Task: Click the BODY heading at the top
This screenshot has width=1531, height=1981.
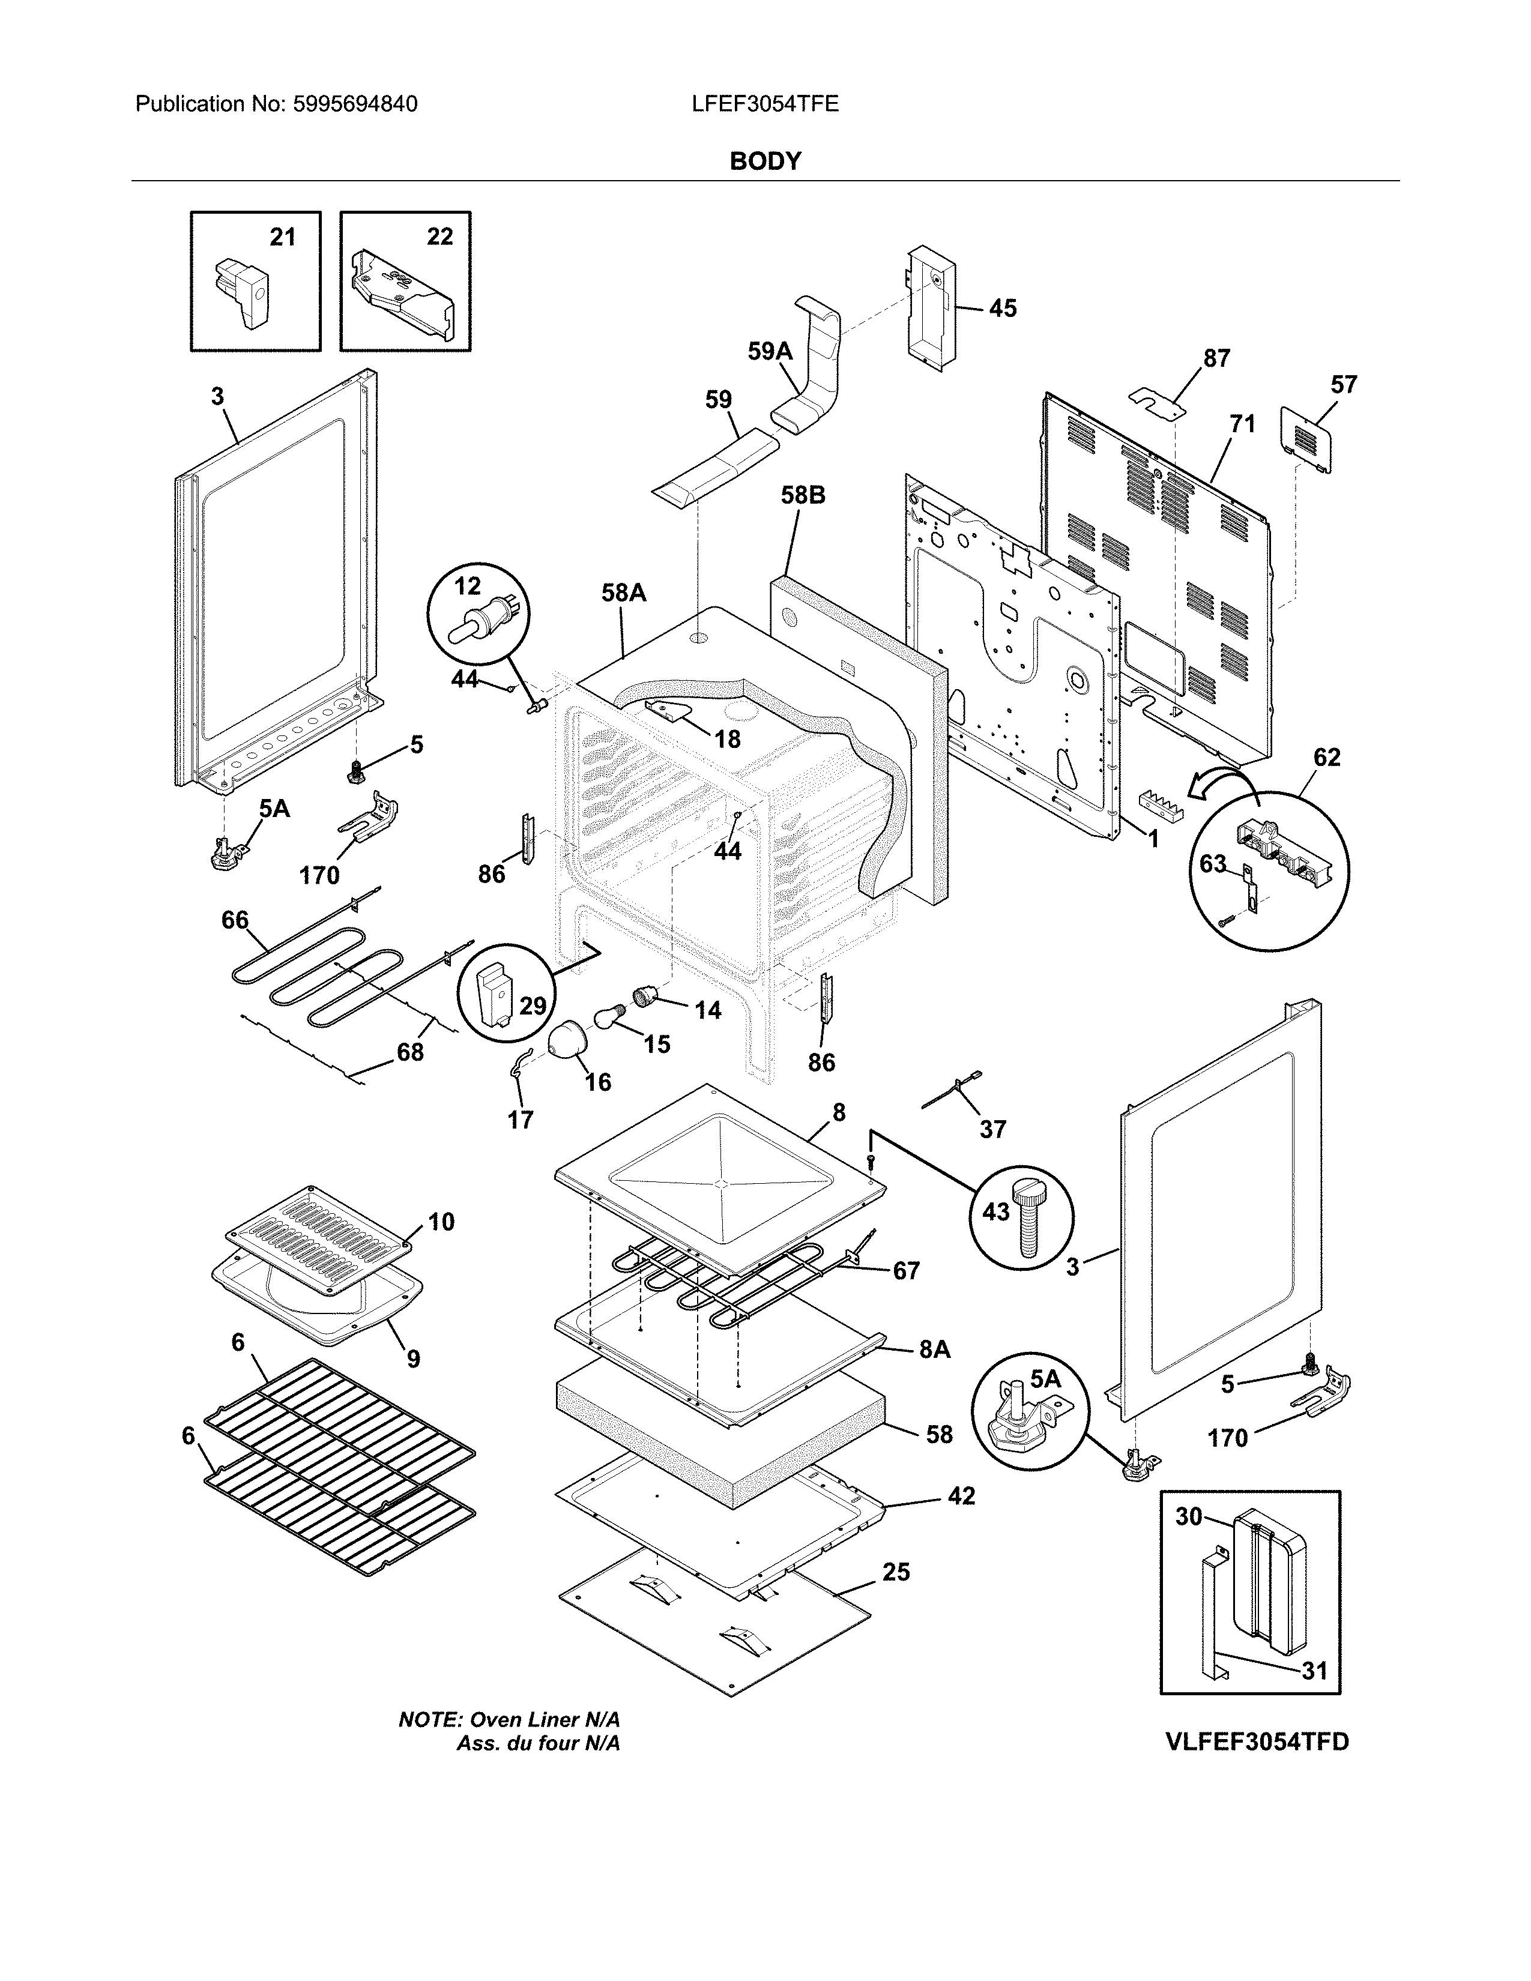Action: click(765, 161)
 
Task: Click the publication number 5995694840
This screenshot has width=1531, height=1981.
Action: click(355, 104)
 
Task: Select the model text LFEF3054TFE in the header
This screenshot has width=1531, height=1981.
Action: click(764, 104)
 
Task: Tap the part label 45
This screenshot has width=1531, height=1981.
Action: click(1002, 309)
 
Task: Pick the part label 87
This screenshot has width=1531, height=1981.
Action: click(1216, 358)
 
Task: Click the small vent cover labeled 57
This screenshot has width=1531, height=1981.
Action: click(1307, 439)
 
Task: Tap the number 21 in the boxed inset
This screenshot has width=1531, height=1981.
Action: click(283, 237)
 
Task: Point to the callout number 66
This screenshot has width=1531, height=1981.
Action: click(235, 920)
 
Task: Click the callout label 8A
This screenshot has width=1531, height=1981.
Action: click(934, 1375)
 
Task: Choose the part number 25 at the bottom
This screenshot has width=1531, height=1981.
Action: click(896, 1572)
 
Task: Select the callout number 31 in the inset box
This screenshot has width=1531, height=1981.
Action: click(1314, 1671)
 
